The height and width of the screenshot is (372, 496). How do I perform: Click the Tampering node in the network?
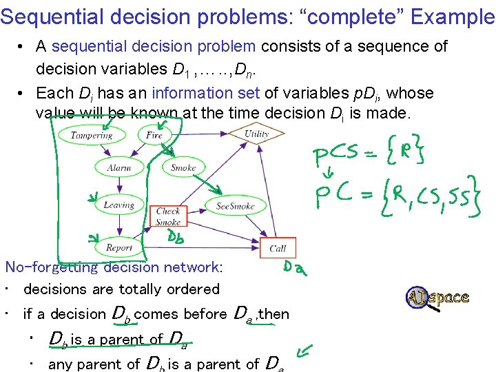coord(91,135)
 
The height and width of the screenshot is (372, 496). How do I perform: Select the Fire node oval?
coord(154,135)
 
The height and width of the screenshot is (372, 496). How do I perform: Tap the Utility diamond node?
coord(256,134)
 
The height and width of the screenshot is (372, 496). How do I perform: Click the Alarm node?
coord(119,167)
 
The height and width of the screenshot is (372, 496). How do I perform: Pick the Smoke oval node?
coord(183,167)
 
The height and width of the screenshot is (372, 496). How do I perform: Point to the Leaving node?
coord(119,205)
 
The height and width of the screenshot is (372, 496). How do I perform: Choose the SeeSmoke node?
coord(235,205)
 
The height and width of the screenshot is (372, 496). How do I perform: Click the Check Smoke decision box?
coord(168,216)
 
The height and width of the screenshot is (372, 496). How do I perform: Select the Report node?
coord(119,247)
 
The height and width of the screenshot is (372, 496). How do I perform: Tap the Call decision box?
coord(278,248)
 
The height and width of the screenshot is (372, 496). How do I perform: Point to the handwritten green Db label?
coord(176,238)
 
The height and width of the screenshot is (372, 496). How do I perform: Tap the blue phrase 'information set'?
coord(195,93)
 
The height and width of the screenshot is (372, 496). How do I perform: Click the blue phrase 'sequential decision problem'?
coord(154,47)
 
